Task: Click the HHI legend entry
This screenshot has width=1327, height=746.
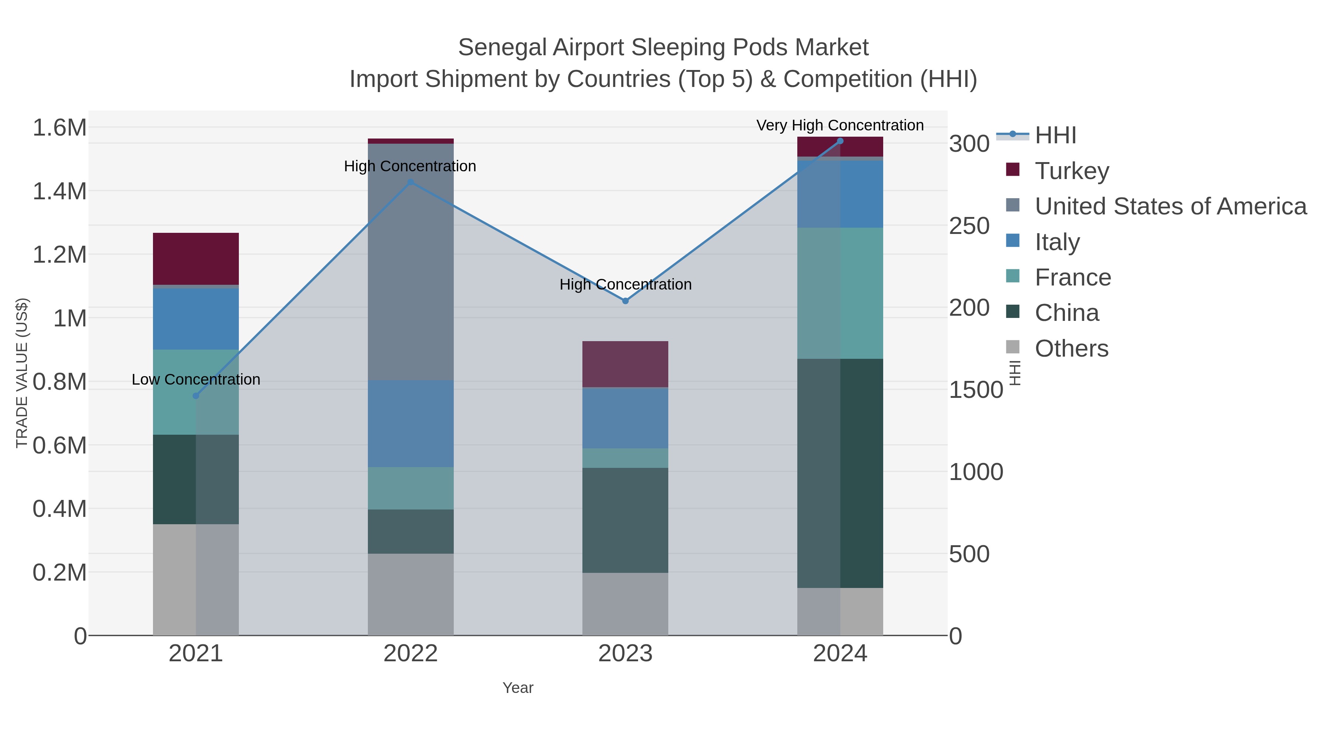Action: pos(1055,136)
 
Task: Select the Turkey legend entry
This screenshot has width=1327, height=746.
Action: pos(1072,171)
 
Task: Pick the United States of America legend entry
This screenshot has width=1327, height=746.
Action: pos(1169,206)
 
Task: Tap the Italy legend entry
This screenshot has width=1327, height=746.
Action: pos(1057,242)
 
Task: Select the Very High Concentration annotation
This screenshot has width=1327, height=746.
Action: pos(840,125)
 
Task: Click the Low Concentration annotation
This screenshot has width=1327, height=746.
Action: pos(196,379)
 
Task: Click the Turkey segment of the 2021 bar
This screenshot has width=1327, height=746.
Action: pos(196,259)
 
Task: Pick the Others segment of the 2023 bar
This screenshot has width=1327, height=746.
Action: pos(626,604)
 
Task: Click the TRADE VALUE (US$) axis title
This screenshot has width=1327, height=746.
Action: pos(22,373)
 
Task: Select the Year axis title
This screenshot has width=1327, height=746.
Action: pos(518,688)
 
